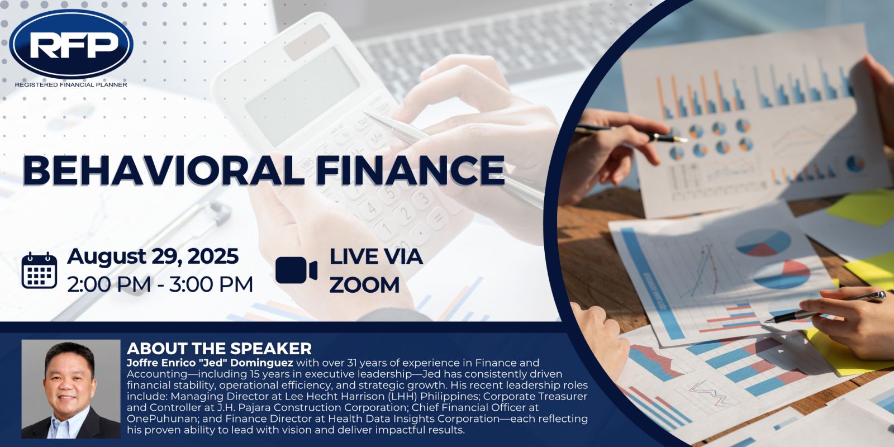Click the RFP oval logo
71,44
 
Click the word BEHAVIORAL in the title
161,170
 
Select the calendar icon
39,270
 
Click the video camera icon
296,270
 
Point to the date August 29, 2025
153,256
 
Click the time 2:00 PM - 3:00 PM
160,284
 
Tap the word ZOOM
364,285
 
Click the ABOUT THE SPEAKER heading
219,349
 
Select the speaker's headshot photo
71,389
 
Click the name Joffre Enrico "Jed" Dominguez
210,363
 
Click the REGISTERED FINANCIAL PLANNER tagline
71,84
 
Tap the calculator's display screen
302,97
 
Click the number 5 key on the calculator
392,192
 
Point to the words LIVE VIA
376,256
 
